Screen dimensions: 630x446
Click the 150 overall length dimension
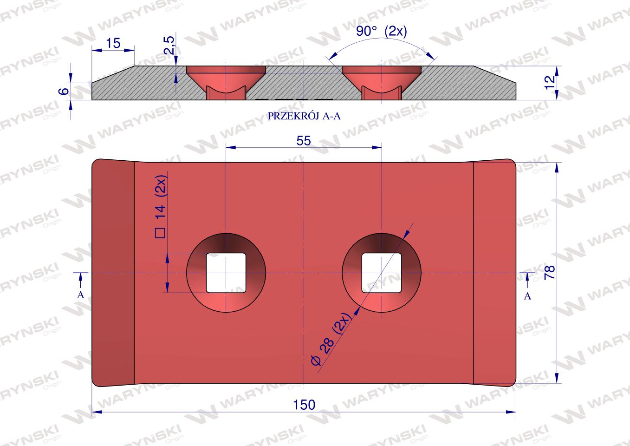[304, 405]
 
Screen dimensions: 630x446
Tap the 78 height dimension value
[550, 272]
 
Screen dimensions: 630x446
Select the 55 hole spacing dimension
[304, 141]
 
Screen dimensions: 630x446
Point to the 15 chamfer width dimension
[113, 43]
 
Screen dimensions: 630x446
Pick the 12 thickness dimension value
[550, 82]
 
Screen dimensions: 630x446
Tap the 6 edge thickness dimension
[65, 91]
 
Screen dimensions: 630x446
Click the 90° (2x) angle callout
[381, 31]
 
